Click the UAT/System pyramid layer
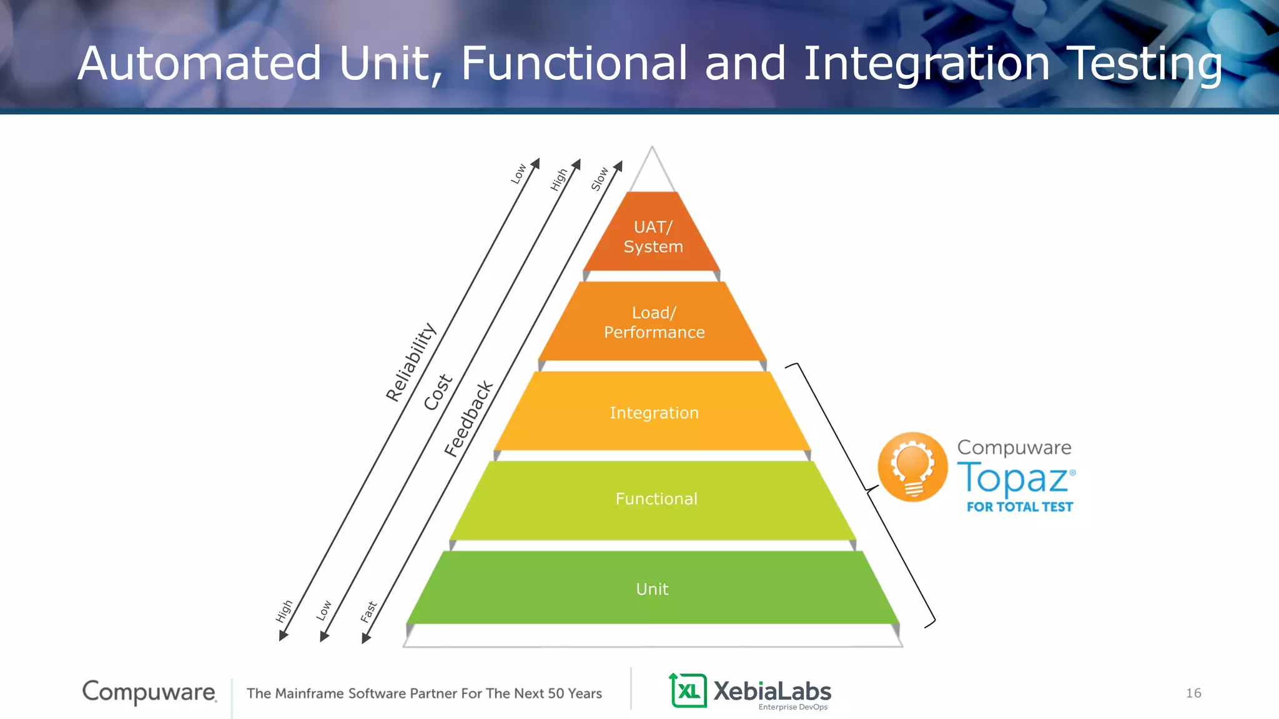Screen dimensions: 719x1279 click(653, 237)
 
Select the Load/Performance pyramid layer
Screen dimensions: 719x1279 click(653, 322)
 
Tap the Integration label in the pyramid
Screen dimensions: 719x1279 click(654, 413)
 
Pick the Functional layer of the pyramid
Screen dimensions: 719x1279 click(656, 499)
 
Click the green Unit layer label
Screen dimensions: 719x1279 click(652, 589)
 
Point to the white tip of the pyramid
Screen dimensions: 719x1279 click(652, 172)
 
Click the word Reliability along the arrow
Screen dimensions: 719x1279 click(410, 362)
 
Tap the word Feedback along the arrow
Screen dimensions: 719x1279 click(468, 419)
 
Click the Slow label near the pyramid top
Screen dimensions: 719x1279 click(600, 179)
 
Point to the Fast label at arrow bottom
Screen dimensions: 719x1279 click(368, 612)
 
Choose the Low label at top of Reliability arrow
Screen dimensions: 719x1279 click(518, 174)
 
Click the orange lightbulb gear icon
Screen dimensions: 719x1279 click(912, 467)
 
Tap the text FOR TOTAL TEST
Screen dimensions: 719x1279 click(1019, 507)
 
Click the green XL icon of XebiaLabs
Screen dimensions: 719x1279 click(688, 690)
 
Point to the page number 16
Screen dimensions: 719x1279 click(1193, 693)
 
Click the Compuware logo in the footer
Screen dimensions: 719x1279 click(149, 692)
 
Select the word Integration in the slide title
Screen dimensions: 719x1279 click(926, 64)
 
